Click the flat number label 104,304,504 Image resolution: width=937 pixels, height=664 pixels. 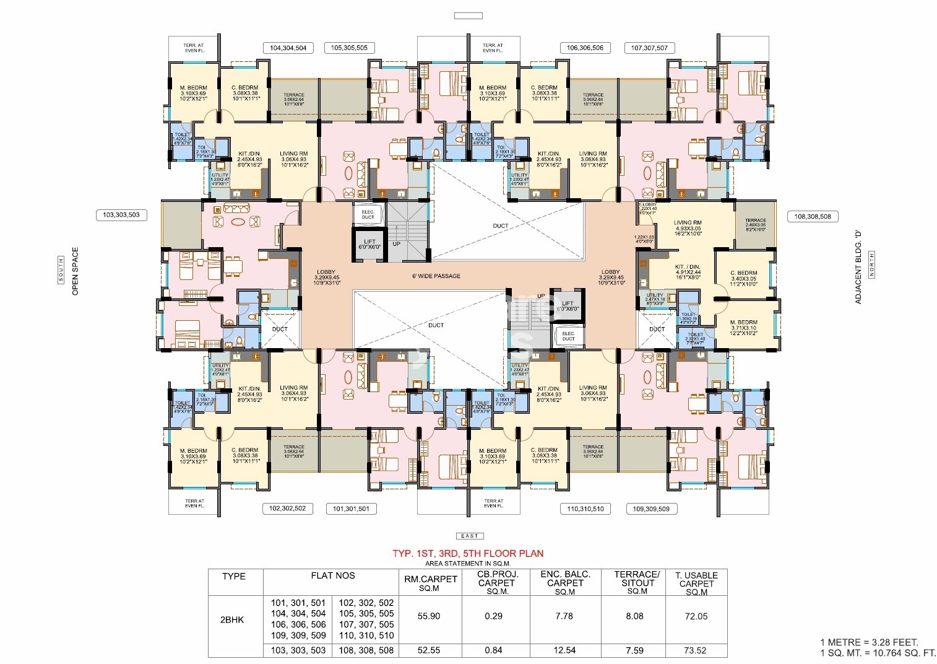288,48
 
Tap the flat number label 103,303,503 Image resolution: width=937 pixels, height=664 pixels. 121,215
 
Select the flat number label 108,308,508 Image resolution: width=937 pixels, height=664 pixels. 813,216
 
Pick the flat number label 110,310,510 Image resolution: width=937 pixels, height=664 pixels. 585,509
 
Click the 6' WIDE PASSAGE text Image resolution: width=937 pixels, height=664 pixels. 436,276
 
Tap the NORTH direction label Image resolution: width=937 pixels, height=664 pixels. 871,265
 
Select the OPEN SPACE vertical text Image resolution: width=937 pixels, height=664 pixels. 76,271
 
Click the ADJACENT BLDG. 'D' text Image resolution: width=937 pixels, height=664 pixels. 858,267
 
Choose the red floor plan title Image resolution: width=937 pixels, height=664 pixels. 468,553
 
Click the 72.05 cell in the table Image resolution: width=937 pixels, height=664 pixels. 696,616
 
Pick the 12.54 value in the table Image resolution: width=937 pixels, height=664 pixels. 564,650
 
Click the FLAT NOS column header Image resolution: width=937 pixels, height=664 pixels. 333,575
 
